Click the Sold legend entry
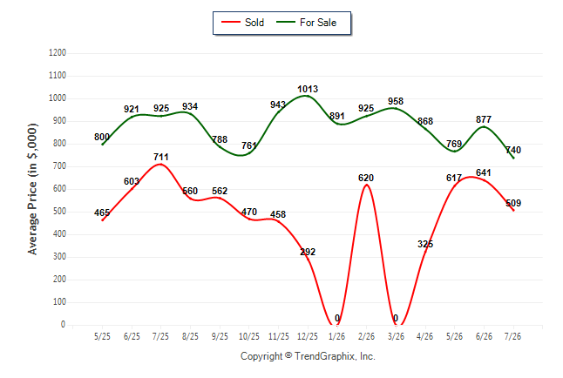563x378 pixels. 243,23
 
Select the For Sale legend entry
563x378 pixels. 306,23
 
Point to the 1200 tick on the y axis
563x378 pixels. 58,53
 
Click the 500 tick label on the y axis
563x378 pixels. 59,212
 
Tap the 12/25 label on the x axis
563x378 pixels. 308,336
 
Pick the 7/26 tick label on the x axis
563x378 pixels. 512,336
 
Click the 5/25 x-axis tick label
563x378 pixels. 102,336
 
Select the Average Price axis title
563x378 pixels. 32,189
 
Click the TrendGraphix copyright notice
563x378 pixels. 308,356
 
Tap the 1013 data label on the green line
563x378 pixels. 308,89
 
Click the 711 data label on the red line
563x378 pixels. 161,157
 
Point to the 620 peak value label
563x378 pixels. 366,178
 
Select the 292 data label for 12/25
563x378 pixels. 308,252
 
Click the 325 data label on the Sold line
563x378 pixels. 425,244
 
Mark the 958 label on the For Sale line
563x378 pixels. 396,101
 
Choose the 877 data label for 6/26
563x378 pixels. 484,119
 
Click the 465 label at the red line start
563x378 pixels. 102,213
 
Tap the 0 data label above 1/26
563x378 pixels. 337,318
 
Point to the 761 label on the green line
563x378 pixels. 249,145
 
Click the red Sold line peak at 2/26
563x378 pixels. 366,185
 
